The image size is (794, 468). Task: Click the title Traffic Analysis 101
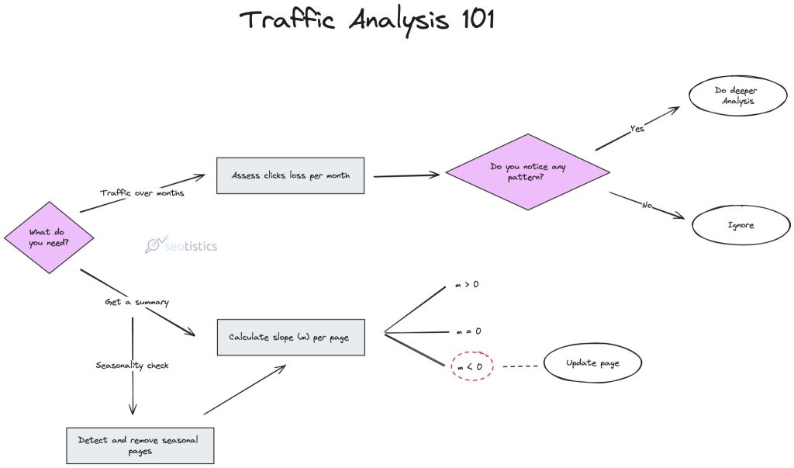click(366, 20)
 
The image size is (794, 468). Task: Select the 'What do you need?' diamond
click(50, 237)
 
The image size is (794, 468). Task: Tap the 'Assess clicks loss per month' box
click(290, 175)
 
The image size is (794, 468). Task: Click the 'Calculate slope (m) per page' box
click(290, 337)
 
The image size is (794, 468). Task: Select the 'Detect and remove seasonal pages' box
click(138, 445)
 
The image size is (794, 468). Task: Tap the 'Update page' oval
click(592, 363)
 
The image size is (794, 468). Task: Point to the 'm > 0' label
click(467, 286)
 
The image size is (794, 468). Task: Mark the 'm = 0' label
click(467, 331)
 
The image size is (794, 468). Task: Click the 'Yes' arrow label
click(637, 129)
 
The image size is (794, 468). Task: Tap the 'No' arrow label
click(646, 205)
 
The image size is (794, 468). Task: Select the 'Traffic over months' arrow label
click(142, 192)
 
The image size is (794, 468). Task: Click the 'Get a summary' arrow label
click(136, 301)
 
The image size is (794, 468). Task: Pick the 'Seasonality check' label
click(133, 365)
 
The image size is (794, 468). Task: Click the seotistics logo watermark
click(181, 246)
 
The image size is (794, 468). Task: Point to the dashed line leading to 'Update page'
click(516, 365)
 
